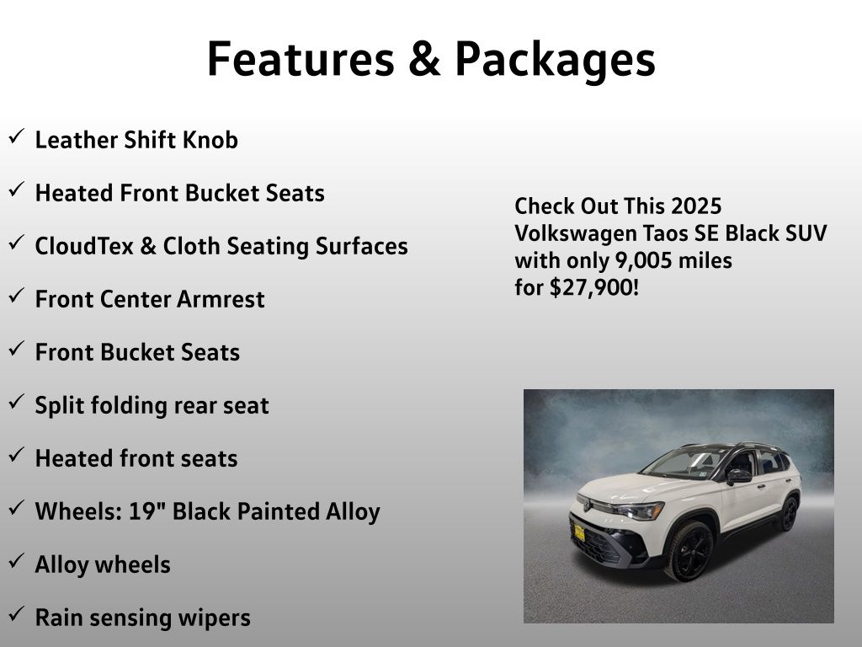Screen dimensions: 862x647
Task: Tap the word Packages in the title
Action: [556, 61]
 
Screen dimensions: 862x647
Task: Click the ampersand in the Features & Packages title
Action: [424, 59]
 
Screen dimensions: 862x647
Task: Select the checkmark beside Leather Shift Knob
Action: [17, 136]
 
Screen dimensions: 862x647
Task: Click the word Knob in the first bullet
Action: [210, 140]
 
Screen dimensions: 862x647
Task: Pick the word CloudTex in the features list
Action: [84, 246]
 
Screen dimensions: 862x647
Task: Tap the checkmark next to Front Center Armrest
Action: [17, 296]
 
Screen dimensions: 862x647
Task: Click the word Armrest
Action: [221, 299]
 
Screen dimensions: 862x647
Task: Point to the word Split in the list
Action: [60, 406]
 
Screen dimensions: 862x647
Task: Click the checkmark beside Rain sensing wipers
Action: [17, 613]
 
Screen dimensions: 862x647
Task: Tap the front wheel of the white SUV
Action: [689, 550]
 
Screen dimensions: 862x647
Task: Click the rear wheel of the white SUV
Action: [789, 513]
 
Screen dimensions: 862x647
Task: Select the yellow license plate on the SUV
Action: [579, 532]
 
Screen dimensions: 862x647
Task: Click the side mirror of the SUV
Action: [739, 476]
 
